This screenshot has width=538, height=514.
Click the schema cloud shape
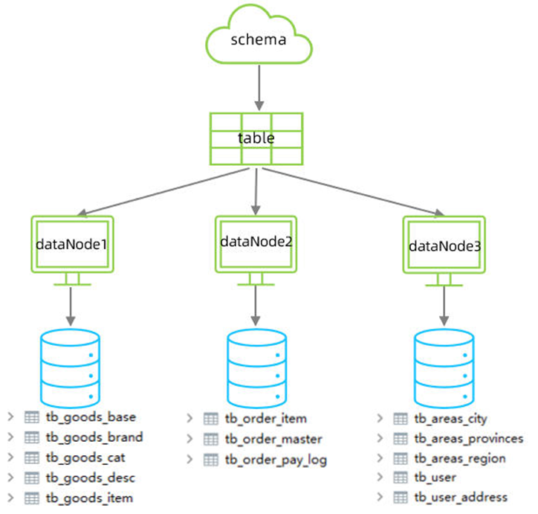[x=257, y=39]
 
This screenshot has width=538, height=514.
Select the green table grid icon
[x=256, y=138]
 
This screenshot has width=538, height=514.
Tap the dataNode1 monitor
[x=72, y=243]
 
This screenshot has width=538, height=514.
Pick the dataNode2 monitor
[x=256, y=242]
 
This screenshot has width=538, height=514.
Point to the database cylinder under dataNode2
[x=257, y=364]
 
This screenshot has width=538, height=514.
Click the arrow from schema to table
[x=257, y=86]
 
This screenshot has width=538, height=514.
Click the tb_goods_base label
[x=91, y=417]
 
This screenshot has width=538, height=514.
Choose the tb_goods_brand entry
[x=94, y=437]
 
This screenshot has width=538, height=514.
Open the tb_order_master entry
[x=272, y=440]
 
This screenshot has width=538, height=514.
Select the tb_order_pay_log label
[x=274, y=460]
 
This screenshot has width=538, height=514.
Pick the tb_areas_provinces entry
[x=468, y=439]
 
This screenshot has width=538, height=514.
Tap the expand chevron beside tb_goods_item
[x=10, y=497]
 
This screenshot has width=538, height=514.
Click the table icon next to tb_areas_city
[x=401, y=420]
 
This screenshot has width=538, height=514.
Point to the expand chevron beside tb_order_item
[x=190, y=420]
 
